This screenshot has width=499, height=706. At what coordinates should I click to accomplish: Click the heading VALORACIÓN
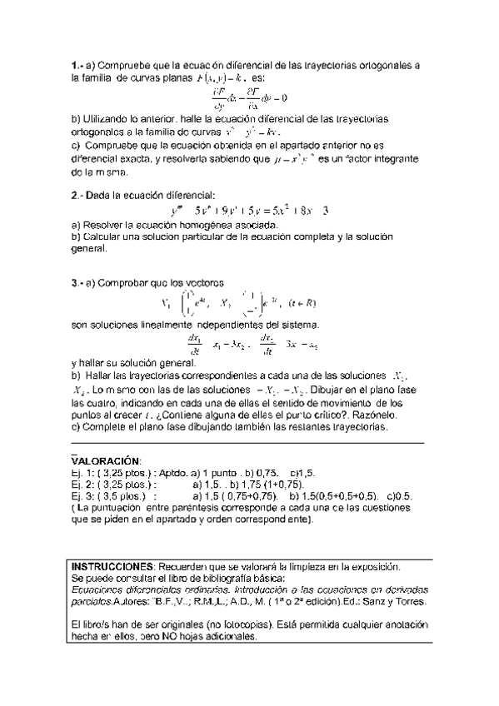[x=107, y=460]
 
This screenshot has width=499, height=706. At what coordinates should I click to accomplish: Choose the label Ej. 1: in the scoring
[x=83, y=472]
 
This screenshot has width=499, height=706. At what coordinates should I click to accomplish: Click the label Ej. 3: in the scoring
[x=83, y=497]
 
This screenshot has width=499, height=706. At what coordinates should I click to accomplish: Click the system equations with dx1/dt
[x=249, y=343]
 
